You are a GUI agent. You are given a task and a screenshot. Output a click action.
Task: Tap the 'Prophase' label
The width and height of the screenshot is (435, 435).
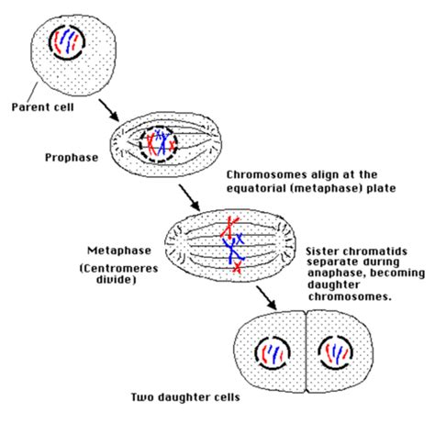click(x=72, y=157)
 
